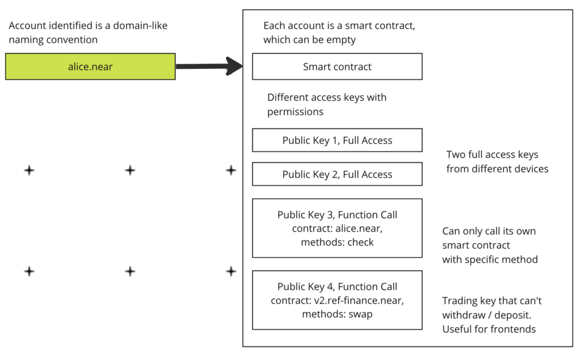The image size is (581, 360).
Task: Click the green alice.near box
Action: [x=90, y=66]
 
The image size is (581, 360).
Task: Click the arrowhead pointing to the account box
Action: [x=234, y=66]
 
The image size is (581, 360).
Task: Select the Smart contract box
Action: [x=337, y=66]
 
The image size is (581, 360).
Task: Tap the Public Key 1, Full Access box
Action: [x=337, y=140]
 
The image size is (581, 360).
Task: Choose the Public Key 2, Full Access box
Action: [x=337, y=174]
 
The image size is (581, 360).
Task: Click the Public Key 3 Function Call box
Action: [x=337, y=228]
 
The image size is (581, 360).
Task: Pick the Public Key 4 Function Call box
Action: [x=337, y=300]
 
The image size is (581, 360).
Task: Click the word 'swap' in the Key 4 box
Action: [x=360, y=315]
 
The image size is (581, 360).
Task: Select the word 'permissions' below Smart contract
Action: [x=295, y=112]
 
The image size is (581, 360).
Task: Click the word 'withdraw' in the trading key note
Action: [x=464, y=315]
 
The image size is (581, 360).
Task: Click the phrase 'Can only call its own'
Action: [x=489, y=231]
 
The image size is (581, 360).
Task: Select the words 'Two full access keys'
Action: [x=492, y=154]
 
